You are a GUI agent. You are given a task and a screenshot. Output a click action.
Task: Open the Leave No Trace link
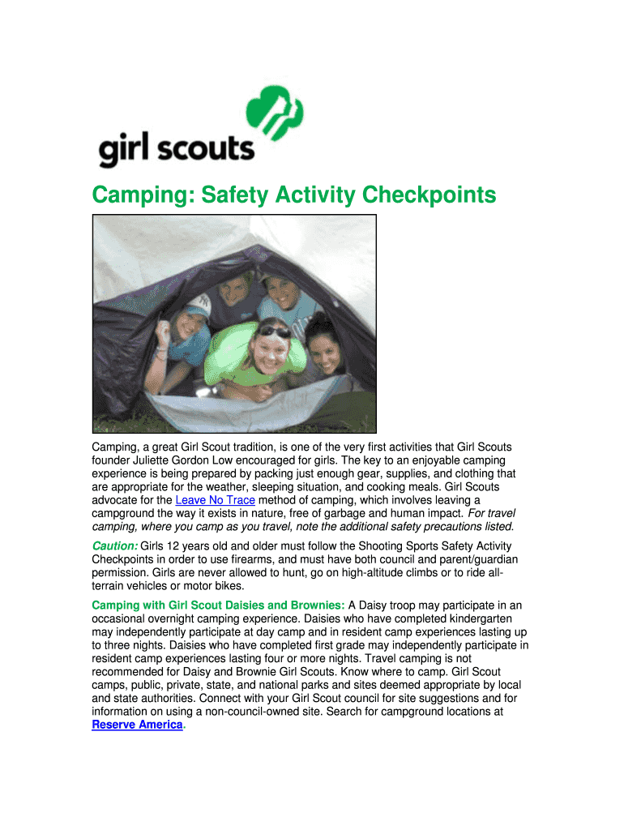[215, 500]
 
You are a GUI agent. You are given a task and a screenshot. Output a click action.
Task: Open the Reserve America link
[137, 725]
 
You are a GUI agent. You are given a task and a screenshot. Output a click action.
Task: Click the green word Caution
[114, 545]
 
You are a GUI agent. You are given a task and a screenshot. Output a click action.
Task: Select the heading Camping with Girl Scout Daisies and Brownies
[218, 605]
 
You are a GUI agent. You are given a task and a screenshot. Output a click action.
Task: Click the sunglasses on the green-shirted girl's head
[274, 330]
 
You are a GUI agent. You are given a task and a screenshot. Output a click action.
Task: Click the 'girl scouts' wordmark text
[176, 150]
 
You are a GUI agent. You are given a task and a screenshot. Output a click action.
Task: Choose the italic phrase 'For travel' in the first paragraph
[491, 514]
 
